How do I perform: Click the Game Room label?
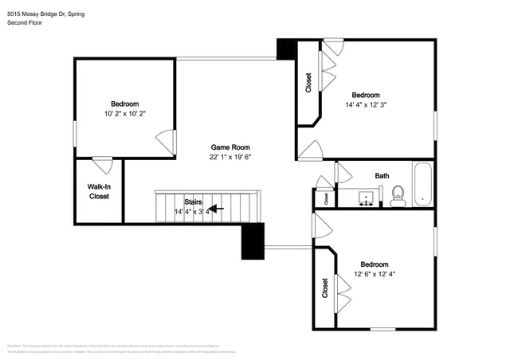(230, 147)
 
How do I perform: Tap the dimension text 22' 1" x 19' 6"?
(230, 158)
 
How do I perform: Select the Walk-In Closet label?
(99, 191)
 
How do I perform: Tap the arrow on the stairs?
(215, 209)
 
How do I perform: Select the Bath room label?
(382, 175)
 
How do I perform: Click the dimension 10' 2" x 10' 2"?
(125, 114)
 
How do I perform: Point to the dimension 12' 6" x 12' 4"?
(374, 275)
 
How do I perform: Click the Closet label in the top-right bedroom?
(308, 84)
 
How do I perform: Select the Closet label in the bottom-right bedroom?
(324, 288)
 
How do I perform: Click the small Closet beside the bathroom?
(325, 196)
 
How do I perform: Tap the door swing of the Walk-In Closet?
(102, 166)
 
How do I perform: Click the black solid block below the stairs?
(253, 241)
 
